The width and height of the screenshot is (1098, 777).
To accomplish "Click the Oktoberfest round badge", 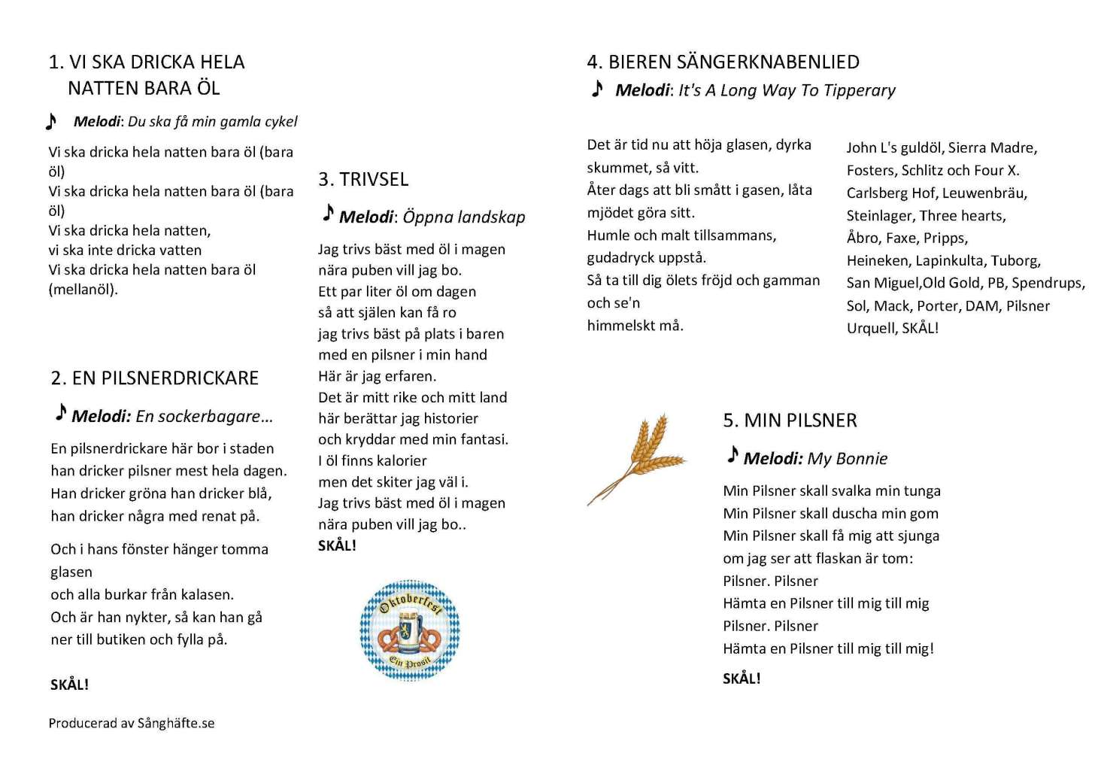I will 409,630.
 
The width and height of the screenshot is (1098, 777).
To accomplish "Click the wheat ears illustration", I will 638,457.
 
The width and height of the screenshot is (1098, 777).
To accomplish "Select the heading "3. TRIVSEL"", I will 363,179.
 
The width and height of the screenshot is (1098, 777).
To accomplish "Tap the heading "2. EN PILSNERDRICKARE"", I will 155,378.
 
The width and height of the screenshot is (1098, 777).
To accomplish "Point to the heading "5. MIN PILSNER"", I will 790,420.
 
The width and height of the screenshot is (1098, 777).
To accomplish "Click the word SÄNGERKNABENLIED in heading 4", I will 768,62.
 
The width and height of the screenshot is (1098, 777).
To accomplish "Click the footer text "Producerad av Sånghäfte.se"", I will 132,723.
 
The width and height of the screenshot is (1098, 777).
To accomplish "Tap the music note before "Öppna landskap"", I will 328,214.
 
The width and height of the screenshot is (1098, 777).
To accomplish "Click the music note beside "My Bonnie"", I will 733,454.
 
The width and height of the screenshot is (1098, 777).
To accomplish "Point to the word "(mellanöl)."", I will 83,290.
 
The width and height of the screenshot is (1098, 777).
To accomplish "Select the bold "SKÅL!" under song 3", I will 337,545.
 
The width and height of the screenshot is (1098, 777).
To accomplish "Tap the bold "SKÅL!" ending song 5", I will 742,678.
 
